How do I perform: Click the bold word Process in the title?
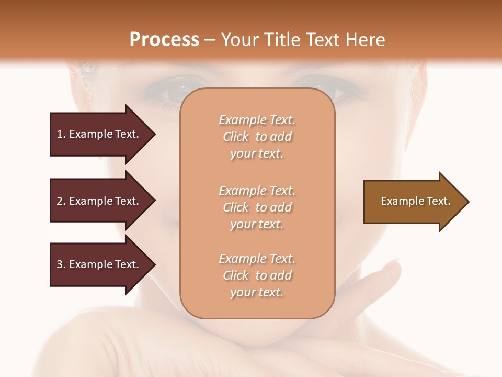click(164, 40)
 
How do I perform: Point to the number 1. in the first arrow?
click(61, 134)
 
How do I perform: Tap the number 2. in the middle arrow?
click(61, 201)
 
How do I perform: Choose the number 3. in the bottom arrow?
click(61, 264)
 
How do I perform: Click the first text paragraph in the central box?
click(257, 137)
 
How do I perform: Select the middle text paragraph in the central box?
click(257, 207)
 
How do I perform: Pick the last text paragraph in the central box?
click(257, 275)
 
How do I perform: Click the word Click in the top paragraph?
click(235, 137)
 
